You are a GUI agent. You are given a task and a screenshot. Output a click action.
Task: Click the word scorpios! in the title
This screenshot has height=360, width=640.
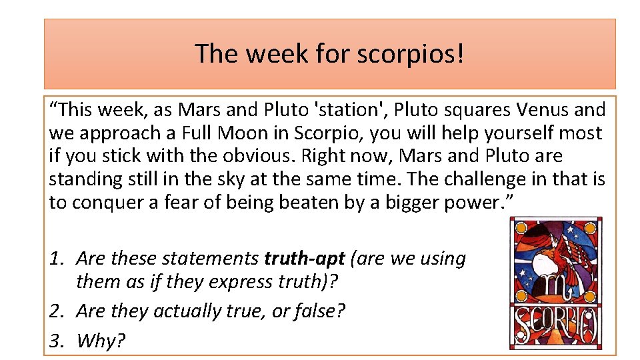click(x=410, y=54)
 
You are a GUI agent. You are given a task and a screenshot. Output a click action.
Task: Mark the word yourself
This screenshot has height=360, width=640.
click(x=495, y=133)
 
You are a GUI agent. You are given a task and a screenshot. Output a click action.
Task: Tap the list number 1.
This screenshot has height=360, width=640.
click(x=56, y=258)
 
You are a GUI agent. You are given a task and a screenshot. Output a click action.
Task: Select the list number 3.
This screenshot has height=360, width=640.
click(x=56, y=341)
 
